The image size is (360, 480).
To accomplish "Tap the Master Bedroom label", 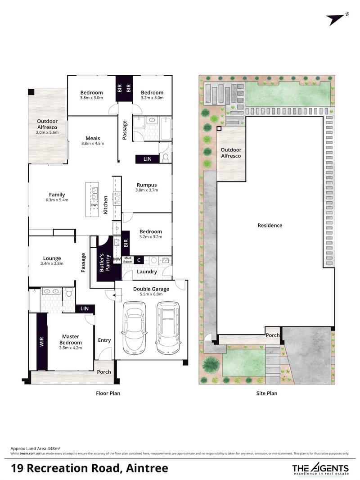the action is point(71,340).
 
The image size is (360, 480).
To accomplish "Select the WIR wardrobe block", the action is point(42,342).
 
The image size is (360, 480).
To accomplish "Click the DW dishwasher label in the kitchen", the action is point(94,205).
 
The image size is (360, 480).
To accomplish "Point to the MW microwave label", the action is point(117,259).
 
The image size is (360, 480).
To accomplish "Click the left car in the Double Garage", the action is point(133,327).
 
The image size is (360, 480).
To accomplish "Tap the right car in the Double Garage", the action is point(167,327).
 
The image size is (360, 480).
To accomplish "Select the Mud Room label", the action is point(128,260).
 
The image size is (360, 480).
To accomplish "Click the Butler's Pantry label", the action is point(104,263).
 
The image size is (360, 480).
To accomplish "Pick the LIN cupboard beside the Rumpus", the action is point(148,159).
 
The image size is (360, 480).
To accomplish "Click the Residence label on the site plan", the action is point(270,225).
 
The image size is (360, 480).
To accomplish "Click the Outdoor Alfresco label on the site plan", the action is point(231,153).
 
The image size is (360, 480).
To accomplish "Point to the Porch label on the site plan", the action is point(273,335).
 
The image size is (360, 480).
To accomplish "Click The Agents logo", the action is point(320,468).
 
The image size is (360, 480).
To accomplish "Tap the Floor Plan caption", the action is point(108,394).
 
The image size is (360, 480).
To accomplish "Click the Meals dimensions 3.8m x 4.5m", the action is point(93,143).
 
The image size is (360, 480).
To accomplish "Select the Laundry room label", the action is point(147,272).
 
